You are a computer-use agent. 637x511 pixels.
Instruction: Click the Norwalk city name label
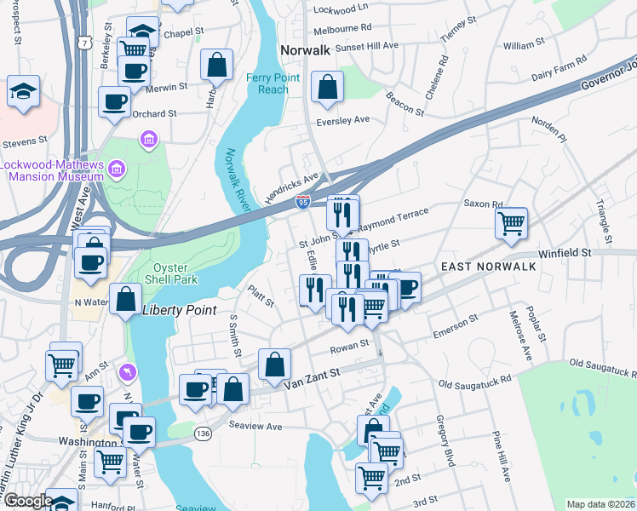[x=305, y=50]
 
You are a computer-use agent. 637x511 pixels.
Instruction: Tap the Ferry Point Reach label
[x=267, y=83]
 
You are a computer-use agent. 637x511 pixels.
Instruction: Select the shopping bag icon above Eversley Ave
[x=327, y=87]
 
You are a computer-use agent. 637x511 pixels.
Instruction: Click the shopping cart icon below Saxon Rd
[x=511, y=224]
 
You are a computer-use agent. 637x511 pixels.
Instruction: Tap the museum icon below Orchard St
[x=149, y=138]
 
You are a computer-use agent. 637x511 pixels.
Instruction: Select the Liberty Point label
[x=180, y=310]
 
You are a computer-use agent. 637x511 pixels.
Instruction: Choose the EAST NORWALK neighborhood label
[x=488, y=267]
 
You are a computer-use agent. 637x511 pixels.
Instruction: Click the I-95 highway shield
[x=303, y=201]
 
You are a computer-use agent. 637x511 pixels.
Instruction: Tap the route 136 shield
[x=204, y=433]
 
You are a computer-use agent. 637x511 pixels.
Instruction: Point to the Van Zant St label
[x=311, y=372]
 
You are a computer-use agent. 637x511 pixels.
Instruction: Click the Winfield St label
[x=564, y=253]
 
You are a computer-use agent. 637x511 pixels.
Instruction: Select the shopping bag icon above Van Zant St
[x=275, y=365]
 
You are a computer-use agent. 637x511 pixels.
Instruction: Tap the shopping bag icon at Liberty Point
[x=126, y=300]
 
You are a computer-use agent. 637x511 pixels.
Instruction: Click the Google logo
[x=28, y=501]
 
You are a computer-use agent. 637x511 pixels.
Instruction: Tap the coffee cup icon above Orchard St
[x=114, y=102]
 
